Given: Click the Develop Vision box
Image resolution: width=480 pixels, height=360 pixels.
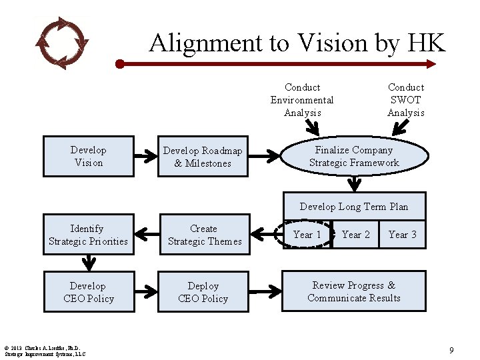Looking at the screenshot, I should coord(89,157).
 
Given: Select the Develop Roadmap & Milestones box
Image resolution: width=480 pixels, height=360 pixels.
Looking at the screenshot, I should coord(203,157).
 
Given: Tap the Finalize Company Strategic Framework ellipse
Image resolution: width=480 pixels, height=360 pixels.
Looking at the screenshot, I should coord(354,156).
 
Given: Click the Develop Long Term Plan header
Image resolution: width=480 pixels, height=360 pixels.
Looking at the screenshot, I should coord(354,207).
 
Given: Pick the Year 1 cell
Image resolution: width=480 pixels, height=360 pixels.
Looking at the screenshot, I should coord(307,235).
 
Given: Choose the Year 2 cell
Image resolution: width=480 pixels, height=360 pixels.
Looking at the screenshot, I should coord(355,235).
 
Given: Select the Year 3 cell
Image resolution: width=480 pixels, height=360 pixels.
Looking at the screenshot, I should coord(402,235).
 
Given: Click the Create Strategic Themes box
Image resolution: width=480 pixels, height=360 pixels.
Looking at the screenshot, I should coord(204,235).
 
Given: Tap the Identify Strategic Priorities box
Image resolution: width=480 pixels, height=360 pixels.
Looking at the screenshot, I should coord(89,235).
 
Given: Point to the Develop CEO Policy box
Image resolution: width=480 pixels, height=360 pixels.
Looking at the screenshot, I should coord(89,292).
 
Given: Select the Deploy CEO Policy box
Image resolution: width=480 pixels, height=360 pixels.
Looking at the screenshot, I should coord(203,292).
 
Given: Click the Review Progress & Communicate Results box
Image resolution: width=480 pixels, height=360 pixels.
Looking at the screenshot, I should coord(354,291).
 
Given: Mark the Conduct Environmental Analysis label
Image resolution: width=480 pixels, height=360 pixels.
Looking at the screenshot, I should coord(302,100).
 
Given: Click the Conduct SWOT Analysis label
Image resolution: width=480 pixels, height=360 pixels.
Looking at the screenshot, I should coord(405,100).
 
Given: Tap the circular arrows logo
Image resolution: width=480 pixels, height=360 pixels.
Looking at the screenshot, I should coord(61,43).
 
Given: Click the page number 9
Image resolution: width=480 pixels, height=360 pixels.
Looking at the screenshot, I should coord(451,350).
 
